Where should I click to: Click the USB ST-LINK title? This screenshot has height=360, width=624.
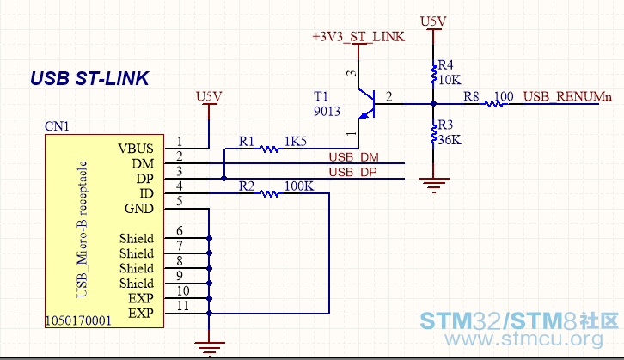click(89, 78)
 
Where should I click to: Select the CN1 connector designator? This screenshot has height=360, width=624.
click(57, 126)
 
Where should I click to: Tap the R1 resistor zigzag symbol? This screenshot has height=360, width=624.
click(269, 149)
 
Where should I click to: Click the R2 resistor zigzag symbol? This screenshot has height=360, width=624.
click(269, 193)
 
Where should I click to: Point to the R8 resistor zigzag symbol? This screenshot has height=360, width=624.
click(494, 104)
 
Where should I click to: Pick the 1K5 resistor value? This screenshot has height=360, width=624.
click(296, 141)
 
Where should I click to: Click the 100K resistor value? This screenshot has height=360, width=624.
click(299, 186)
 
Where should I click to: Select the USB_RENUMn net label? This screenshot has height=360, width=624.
click(567, 96)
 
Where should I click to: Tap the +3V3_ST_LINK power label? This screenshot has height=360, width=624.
click(358, 37)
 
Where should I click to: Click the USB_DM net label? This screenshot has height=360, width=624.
click(354, 157)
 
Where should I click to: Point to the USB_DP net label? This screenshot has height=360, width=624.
click(352, 172)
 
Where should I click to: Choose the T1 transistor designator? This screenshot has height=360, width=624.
click(321, 96)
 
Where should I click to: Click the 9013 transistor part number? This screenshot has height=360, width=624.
click(327, 111)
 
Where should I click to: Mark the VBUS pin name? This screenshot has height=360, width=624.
click(136, 149)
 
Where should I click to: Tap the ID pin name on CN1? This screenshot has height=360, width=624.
click(146, 193)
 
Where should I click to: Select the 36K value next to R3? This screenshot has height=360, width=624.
click(450, 140)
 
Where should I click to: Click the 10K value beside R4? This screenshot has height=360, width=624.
click(450, 80)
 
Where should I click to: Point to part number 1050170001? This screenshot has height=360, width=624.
click(78, 320)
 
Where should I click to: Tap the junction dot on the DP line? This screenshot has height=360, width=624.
click(224, 179)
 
